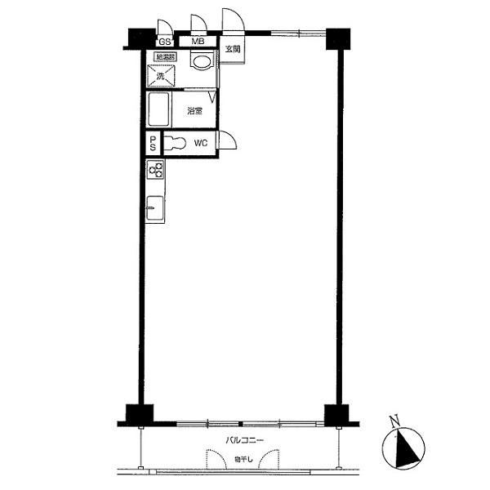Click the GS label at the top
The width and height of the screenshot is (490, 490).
click(164, 41)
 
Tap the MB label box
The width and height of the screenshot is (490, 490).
click(198, 41)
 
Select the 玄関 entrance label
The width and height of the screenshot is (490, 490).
click(233, 49)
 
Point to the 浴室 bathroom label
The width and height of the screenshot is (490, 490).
click(194, 110)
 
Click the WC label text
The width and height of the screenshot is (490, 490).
click(201, 144)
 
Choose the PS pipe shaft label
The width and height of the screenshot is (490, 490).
click(153, 144)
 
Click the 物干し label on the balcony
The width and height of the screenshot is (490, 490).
click(238, 459)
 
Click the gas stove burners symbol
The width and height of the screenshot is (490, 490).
click(155, 170)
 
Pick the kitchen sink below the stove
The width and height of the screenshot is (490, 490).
click(154, 208)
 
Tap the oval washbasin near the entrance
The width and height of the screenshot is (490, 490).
click(201, 62)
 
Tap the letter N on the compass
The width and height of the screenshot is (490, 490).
click(394, 422)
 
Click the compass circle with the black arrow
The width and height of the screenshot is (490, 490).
click(404, 448)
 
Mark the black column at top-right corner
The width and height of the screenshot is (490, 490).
click(338, 38)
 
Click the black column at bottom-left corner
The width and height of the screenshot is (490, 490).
click(136, 414)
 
